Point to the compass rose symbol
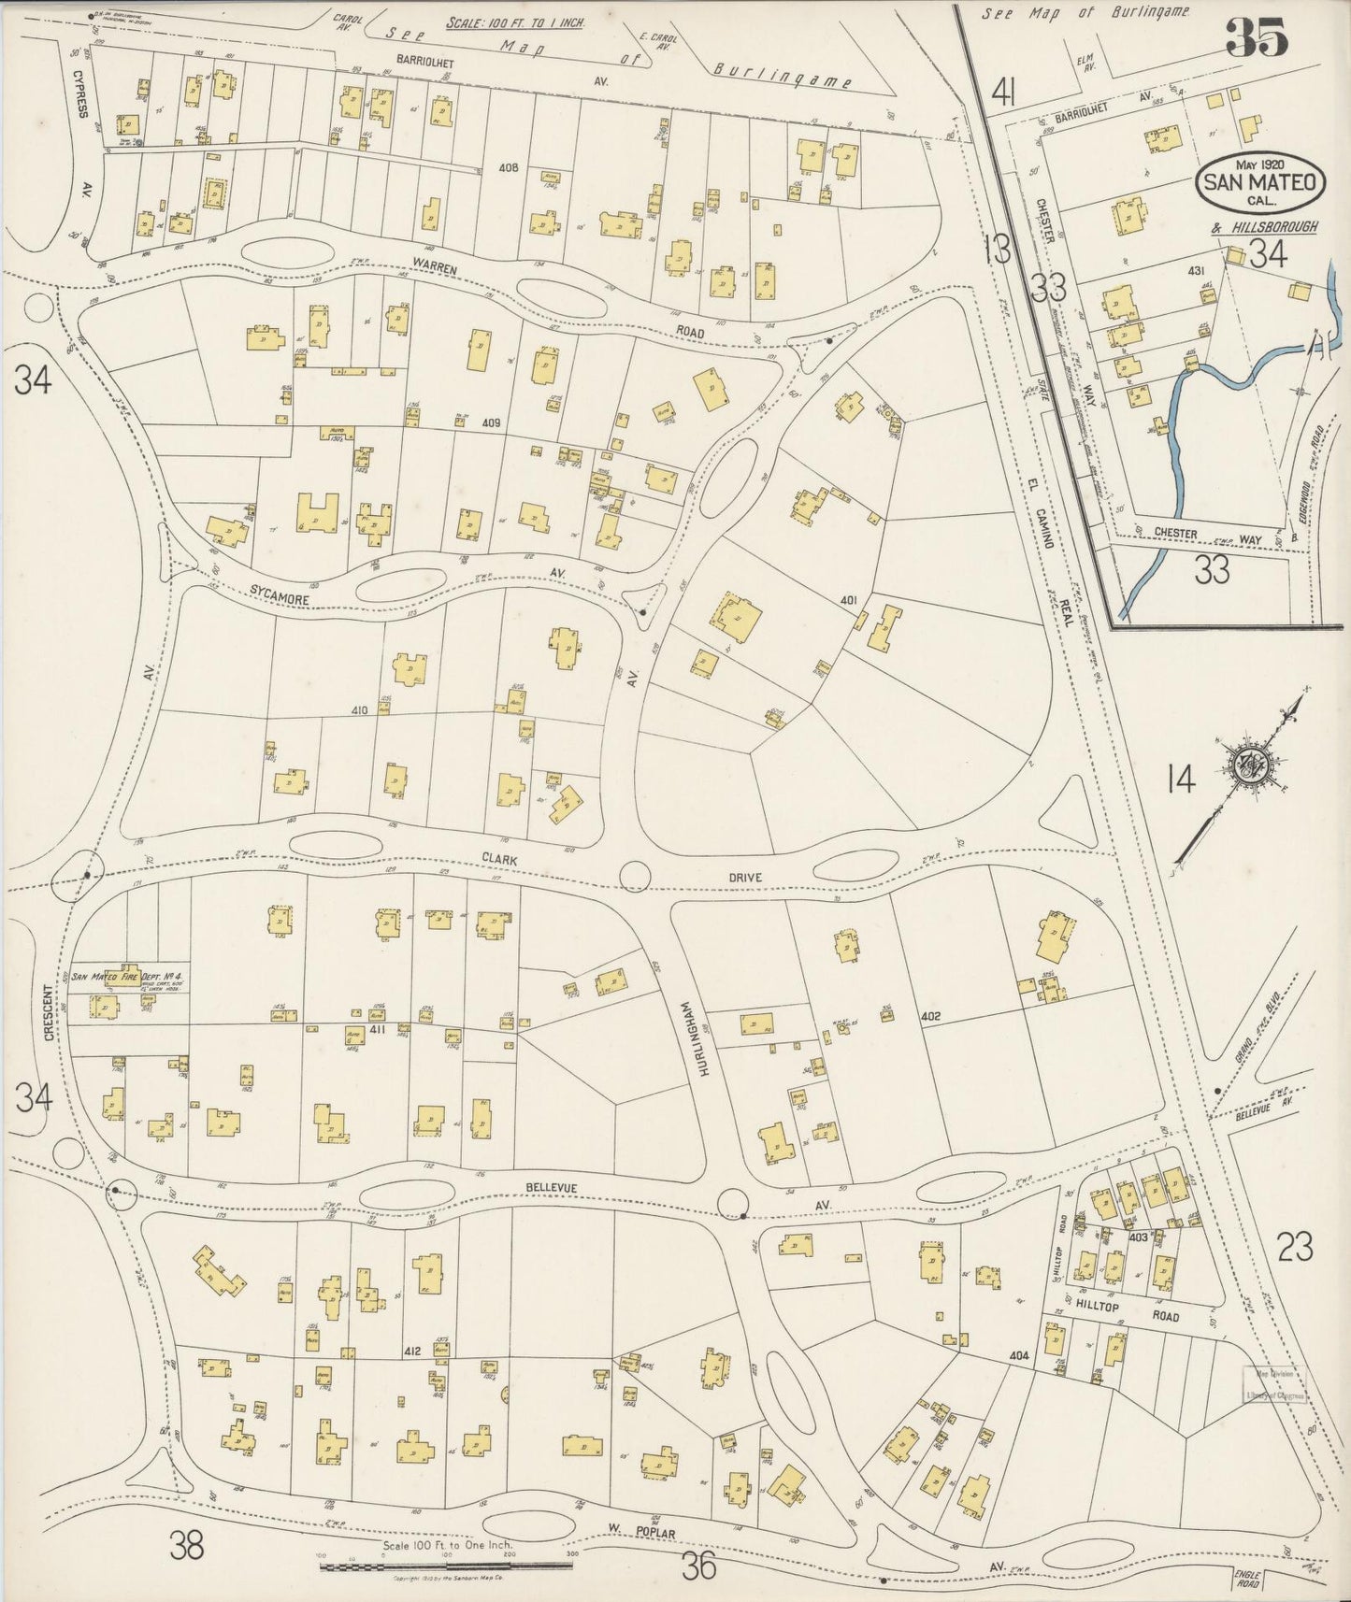1251,765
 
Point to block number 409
492,422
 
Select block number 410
359,710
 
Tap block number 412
413,1351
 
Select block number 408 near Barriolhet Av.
509,169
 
